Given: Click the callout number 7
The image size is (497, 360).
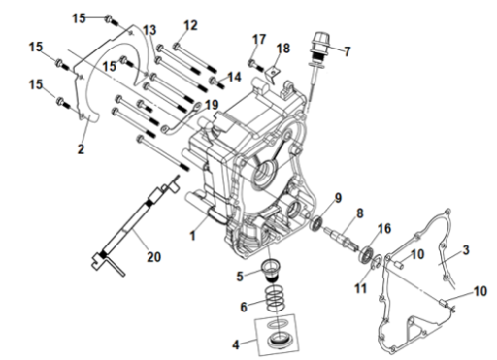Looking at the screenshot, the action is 348,51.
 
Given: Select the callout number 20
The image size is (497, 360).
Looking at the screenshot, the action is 154,257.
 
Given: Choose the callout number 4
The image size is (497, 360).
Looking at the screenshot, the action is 236,344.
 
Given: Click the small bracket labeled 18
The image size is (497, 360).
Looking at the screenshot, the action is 273,74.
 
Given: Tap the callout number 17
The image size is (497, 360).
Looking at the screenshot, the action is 259,40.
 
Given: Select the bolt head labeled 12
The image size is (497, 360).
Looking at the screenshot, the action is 177,47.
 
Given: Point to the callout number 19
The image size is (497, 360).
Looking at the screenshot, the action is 212,105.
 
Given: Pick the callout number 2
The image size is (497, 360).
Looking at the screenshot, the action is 81,149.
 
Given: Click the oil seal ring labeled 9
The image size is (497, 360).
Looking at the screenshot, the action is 316,223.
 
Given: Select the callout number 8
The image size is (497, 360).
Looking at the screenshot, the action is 360,213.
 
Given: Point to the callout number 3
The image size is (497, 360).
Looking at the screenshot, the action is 466,250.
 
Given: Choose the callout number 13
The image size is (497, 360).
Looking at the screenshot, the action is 149,30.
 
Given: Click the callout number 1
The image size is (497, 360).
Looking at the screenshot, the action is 193,236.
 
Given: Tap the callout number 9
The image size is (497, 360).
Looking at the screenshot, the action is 338,198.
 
